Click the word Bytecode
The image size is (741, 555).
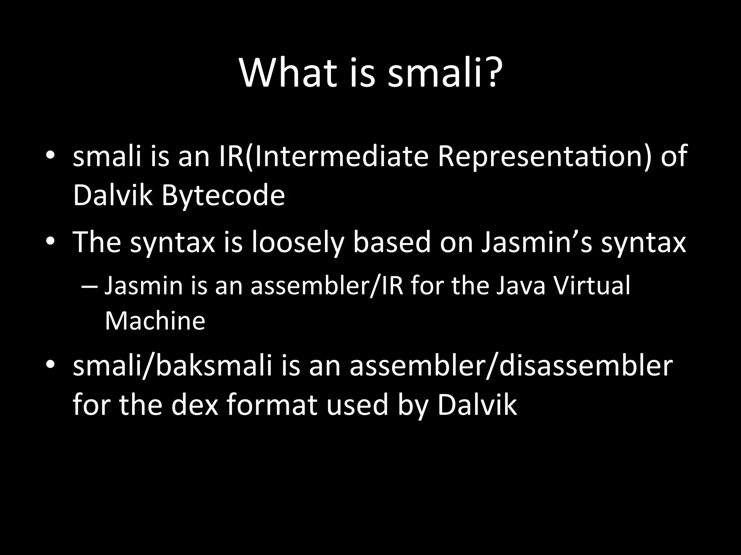click(223, 196)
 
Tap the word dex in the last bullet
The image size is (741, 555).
click(195, 405)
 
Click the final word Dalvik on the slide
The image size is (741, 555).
click(477, 405)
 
